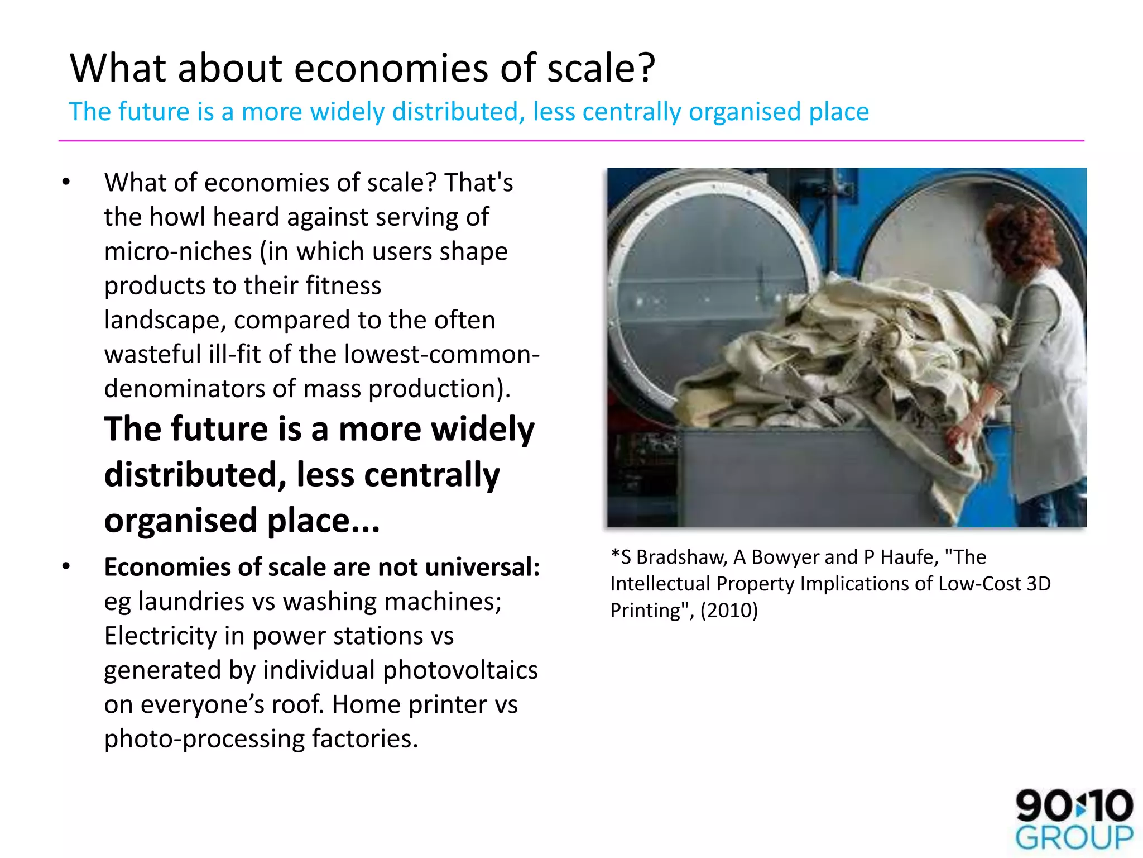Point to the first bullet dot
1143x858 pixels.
[x=66, y=182]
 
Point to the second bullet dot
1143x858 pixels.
[x=66, y=566]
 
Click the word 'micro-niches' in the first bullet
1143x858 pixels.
[x=178, y=251]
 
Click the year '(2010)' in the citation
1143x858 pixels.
[x=729, y=610]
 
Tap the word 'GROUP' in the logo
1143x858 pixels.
[x=1074, y=838]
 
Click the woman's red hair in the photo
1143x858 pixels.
[x=1016, y=235]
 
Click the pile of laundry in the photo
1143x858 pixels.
[x=837, y=357]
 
